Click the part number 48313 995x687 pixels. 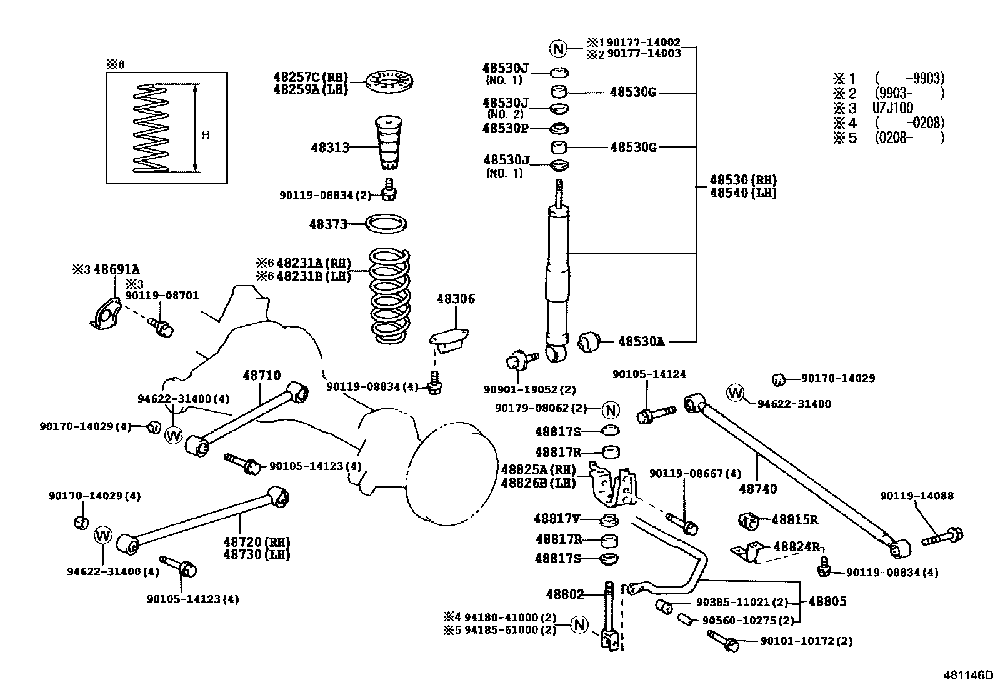tap(330, 148)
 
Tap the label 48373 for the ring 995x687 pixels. tap(328, 224)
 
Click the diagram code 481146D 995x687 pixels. tap(967, 675)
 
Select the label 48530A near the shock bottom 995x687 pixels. tap(641, 341)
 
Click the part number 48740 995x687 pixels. tap(758, 489)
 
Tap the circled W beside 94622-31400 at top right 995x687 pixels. tap(736, 393)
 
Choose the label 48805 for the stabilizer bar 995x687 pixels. tap(827, 601)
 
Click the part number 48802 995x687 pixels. tap(564, 594)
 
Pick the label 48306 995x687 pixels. tap(456, 299)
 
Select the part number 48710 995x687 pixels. tap(261, 375)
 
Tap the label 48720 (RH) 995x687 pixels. tap(257, 541)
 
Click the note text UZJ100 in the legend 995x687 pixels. tap(892, 108)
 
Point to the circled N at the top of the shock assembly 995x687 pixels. tap(558, 48)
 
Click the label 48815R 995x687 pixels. tap(795, 519)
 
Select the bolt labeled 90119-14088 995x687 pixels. tap(942, 536)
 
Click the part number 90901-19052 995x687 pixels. tap(529, 389)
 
